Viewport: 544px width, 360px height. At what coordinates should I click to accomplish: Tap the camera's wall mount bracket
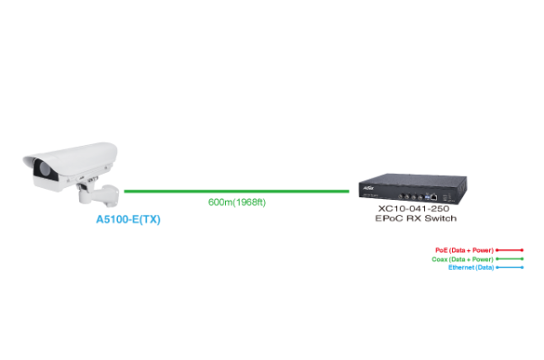coord(101,193)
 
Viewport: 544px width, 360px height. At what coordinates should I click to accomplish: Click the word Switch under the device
coord(440,219)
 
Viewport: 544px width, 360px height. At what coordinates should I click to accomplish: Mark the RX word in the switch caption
coord(414,219)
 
